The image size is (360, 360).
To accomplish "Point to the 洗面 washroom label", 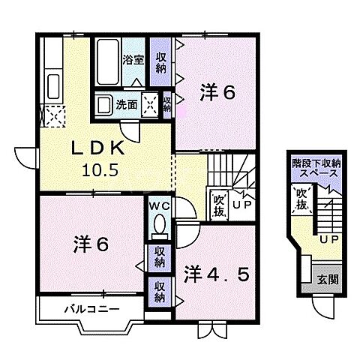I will click(x=126, y=106).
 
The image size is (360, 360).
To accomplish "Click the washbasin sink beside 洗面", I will click(x=104, y=105).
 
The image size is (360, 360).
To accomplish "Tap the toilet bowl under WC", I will click(x=158, y=223).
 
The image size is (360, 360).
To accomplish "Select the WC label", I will click(x=158, y=204).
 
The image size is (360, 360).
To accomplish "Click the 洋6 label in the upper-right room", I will click(x=218, y=94).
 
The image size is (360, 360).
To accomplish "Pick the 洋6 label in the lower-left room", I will click(x=91, y=244).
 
